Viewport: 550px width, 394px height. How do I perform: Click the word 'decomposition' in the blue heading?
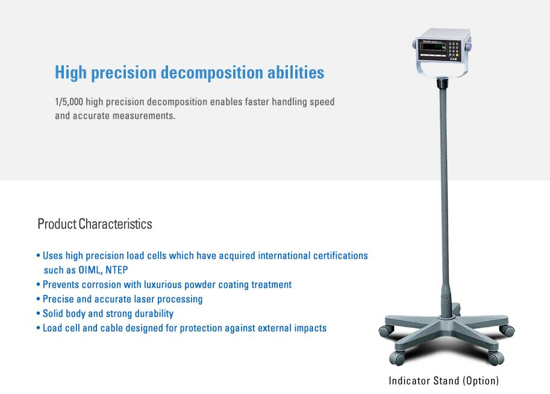pyautogui.click(x=211, y=73)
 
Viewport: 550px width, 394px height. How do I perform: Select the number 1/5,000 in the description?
pyautogui.click(x=69, y=102)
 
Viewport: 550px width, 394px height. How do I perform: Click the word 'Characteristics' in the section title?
pyautogui.click(x=116, y=224)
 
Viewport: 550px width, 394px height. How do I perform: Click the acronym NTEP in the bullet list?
pyautogui.click(x=117, y=270)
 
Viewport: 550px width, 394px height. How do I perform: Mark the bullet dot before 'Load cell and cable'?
pyautogui.click(x=38, y=328)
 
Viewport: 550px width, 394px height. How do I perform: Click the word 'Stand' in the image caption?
pyautogui.click(x=446, y=381)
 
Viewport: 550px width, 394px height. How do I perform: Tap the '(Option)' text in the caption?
pyautogui.click(x=481, y=381)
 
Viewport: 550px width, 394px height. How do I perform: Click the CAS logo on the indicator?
pyautogui.click(x=453, y=59)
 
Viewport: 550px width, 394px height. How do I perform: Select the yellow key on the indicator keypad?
pyautogui.click(x=457, y=55)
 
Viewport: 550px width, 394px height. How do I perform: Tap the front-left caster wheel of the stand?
pyautogui.click(x=397, y=358)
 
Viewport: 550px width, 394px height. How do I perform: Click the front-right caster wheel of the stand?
pyautogui.click(x=496, y=358)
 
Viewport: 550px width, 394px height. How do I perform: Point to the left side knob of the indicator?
pyautogui.click(x=414, y=45)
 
